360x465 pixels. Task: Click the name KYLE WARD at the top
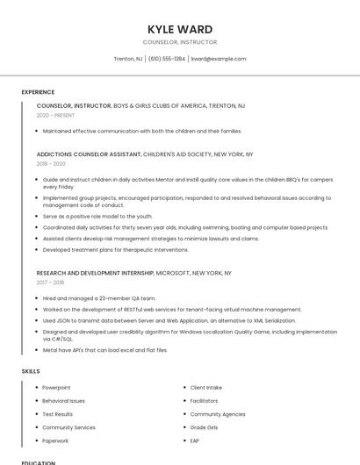[180, 29]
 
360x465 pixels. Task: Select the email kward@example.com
[219, 59]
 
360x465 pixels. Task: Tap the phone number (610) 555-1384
[167, 59]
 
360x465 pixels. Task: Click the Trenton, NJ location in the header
[128, 59]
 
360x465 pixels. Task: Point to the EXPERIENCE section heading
[38, 92]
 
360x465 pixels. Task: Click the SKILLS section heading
[31, 371]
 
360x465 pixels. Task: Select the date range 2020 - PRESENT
[56, 115]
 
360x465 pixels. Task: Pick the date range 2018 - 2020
[51, 163]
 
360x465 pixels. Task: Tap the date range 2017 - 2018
[50, 283]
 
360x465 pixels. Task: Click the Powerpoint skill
[56, 387]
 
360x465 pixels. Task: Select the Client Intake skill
[206, 387]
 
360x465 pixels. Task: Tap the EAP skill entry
[195, 440]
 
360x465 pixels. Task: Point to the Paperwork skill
[55, 440]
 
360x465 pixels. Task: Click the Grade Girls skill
[205, 427]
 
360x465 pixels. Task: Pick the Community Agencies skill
[218, 414]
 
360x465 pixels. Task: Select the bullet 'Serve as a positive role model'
[97, 216]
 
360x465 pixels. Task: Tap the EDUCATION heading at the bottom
[39, 462]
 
